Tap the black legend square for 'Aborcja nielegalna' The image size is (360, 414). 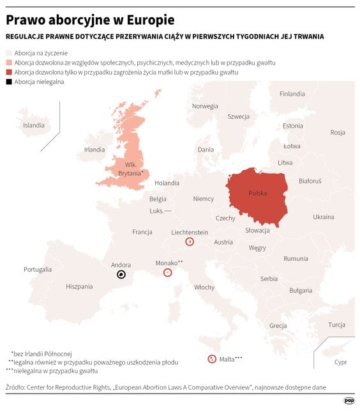coord(9,82)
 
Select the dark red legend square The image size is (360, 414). coord(9,73)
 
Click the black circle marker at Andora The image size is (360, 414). coord(121,275)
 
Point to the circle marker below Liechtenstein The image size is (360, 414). coord(190,241)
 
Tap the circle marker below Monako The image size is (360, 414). coord(167,272)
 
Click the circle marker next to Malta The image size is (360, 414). coord(211,359)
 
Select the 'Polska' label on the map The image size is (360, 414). coord(258,193)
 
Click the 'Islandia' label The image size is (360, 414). coord(34,125)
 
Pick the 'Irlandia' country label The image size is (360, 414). coord(94,149)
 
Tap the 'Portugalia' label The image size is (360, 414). coord(38,270)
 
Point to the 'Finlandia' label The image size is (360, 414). coord(292,94)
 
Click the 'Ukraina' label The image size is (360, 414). coord(324,217)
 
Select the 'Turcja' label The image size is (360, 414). coord(336,325)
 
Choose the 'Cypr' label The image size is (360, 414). coord(341,362)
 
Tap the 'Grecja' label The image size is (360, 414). coord(278,326)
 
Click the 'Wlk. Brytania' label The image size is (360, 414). coord(135,169)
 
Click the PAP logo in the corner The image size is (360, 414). coord(349,401)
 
